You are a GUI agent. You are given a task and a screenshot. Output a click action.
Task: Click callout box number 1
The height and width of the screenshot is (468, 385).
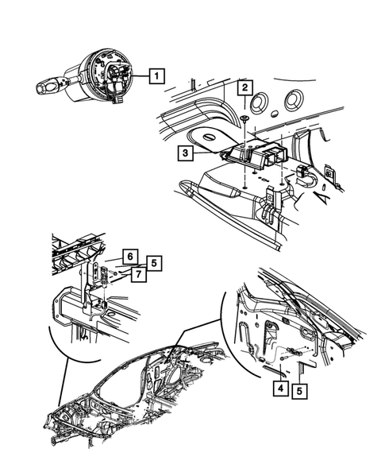coord(157,77)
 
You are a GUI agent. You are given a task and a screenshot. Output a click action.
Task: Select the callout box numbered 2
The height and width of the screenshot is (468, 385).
coord(247,87)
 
